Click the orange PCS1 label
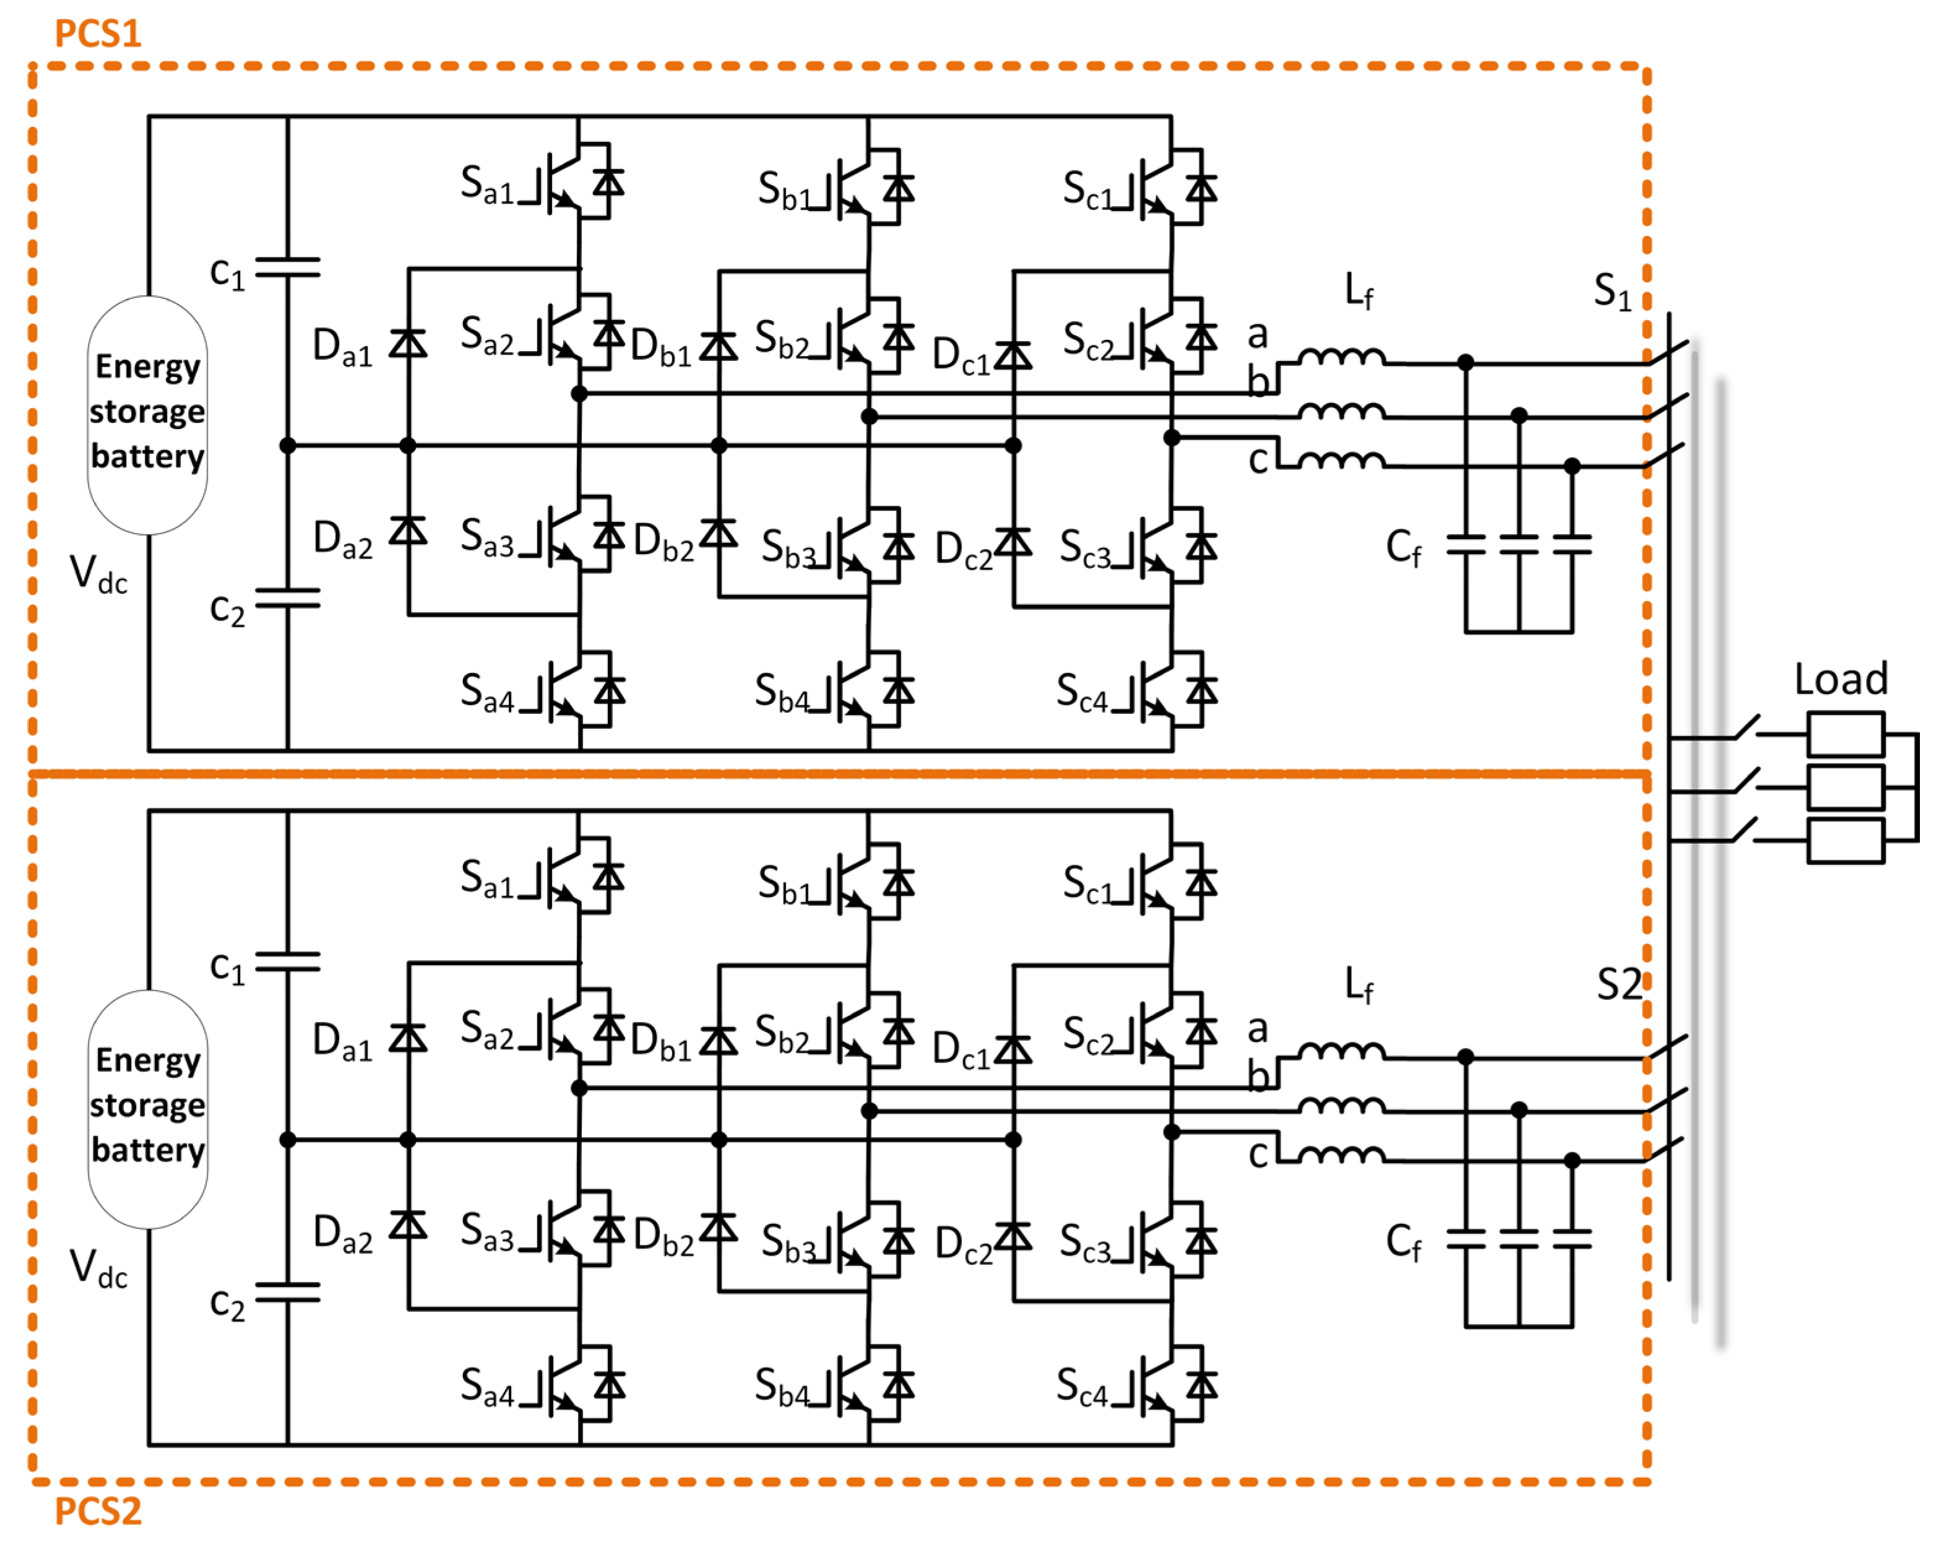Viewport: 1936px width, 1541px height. point(98,34)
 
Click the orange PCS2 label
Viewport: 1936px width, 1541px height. point(98,1511)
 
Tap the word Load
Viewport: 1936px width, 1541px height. point(1841,680)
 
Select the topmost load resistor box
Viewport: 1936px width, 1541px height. point(1844,734)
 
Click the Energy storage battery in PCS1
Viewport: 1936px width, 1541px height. point(147,413)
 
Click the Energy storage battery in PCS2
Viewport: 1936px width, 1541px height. point(147,1107)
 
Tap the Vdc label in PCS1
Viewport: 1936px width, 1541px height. point(98,574)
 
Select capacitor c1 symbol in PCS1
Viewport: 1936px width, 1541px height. point(287,267)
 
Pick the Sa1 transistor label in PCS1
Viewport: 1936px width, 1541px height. point(486,185)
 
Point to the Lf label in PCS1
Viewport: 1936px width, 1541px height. point(1359,292)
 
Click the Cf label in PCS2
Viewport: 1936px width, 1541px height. point(1402,1242)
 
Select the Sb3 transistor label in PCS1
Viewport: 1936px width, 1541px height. point(787,548)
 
